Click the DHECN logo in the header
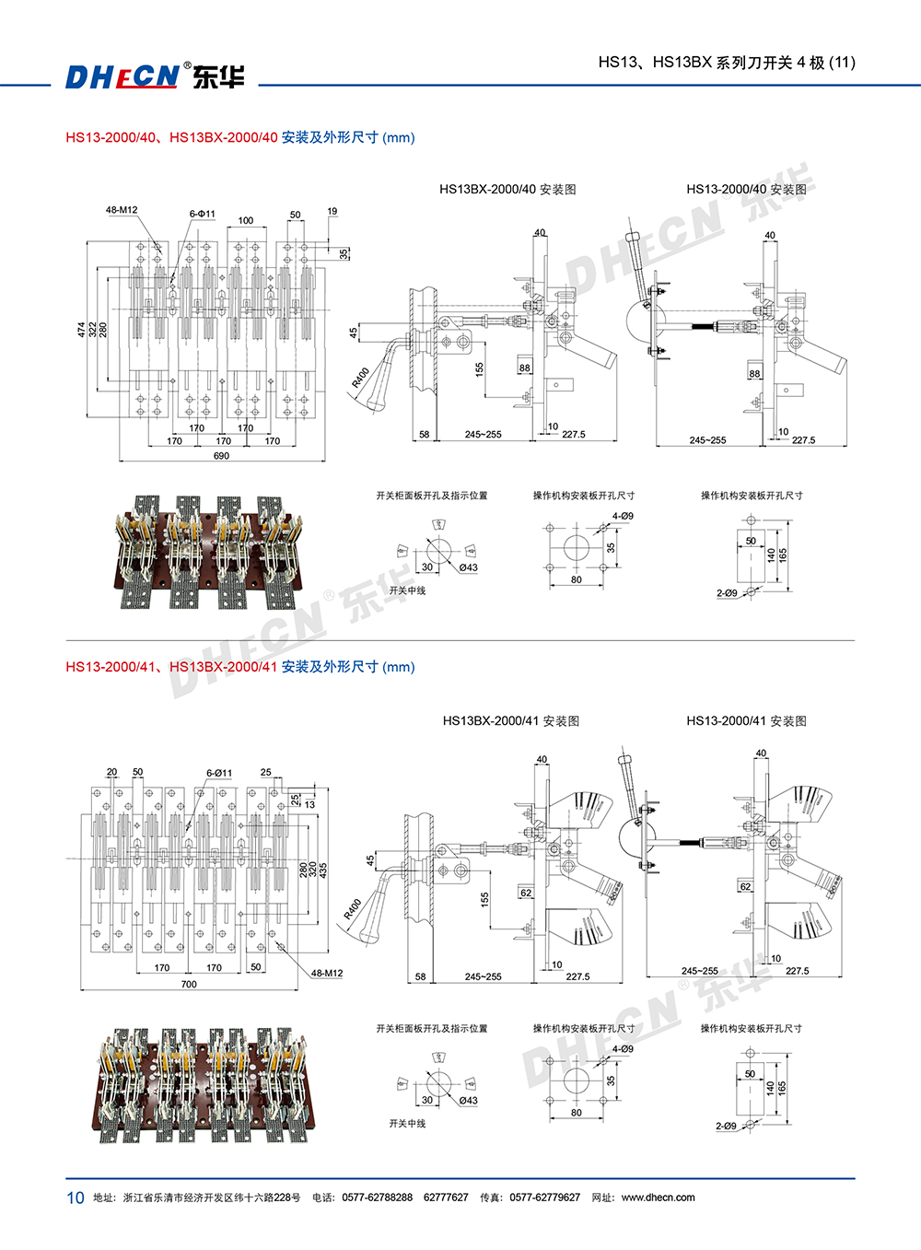click(x=154, y=76)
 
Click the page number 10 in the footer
click(x=75, y=1197)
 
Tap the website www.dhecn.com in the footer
click(x=658, y=1197)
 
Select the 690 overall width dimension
click(x=221, y=456)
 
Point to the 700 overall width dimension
click(x=189, y=985)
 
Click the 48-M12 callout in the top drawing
click(x=122, y=210)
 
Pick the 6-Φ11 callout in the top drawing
click(x=203, y=214)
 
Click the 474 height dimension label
click(x=81, y=329)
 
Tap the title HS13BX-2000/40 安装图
click(x=507, y=190)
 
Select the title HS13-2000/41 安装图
click(x=746, y=721)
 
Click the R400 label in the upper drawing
click(x=360, y=378)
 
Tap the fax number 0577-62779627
click(x=544, y=1197)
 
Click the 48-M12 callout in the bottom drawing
click(x=326, y=974)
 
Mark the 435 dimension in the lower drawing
click(x=323, y=869)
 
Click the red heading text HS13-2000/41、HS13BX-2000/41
click(x=171, y=667)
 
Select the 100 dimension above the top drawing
click(x=246, y=220)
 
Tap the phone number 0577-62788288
click(x=377, y=1197)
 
